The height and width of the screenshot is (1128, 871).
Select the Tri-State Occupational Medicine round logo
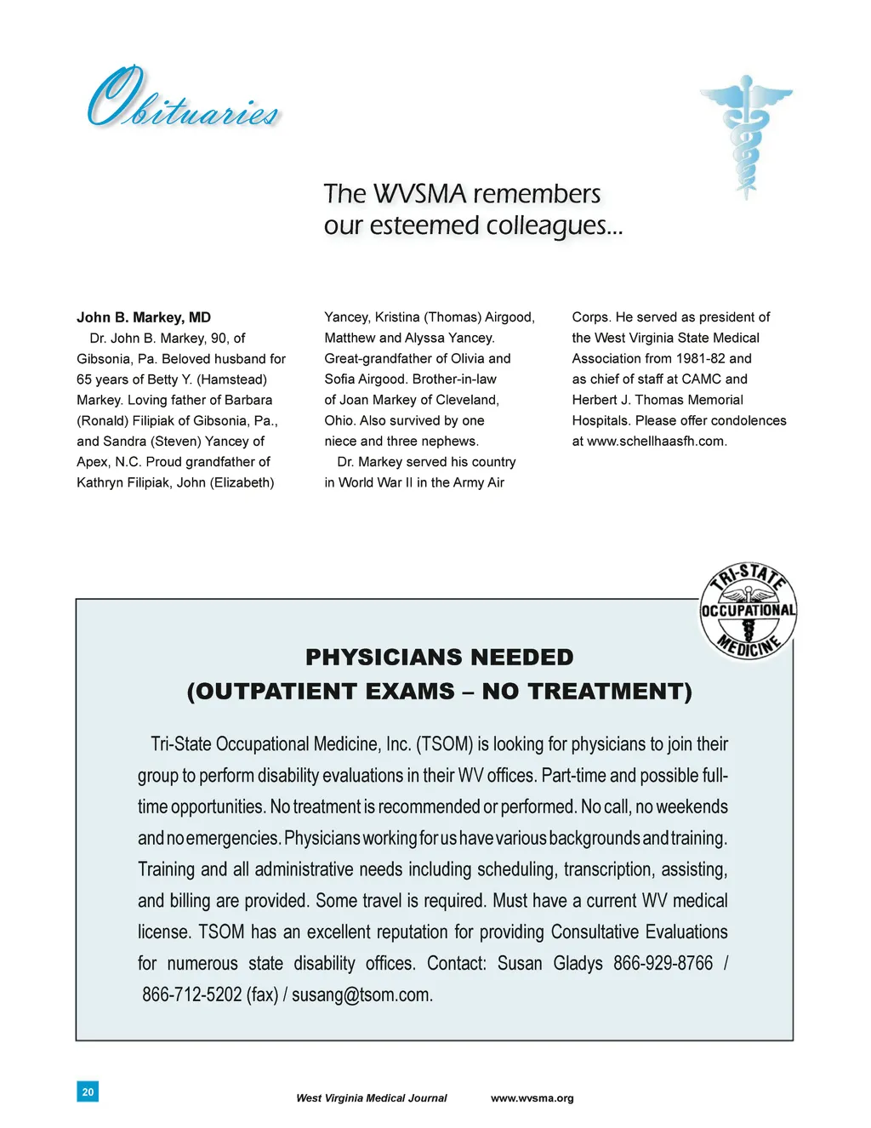point(748,612)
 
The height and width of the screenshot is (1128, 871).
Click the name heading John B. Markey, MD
point(144,317)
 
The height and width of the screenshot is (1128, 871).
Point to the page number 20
point(88,1091)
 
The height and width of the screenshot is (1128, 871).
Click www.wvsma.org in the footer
point(532,1098)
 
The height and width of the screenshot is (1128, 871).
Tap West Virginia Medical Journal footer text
point(371,1098)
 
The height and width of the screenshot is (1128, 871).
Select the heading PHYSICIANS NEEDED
point(439,658)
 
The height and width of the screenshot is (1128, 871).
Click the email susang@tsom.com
point(361,994)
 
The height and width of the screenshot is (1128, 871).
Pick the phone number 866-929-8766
point(663,963)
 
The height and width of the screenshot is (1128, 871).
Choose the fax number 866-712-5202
point(191,994)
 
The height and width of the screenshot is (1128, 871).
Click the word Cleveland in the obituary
point(466,400)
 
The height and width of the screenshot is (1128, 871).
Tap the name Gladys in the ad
point(578,963)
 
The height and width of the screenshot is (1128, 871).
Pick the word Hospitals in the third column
point(602,421)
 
